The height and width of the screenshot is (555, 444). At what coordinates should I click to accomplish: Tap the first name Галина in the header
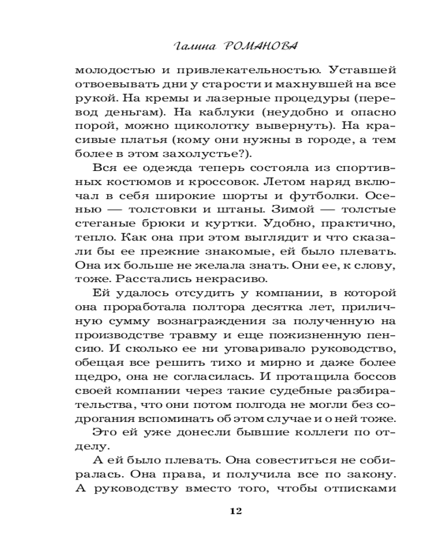pyautogui.click(x=194, y=47)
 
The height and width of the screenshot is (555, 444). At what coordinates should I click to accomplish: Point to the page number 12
pyautogui.click(x=235, y=511)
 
